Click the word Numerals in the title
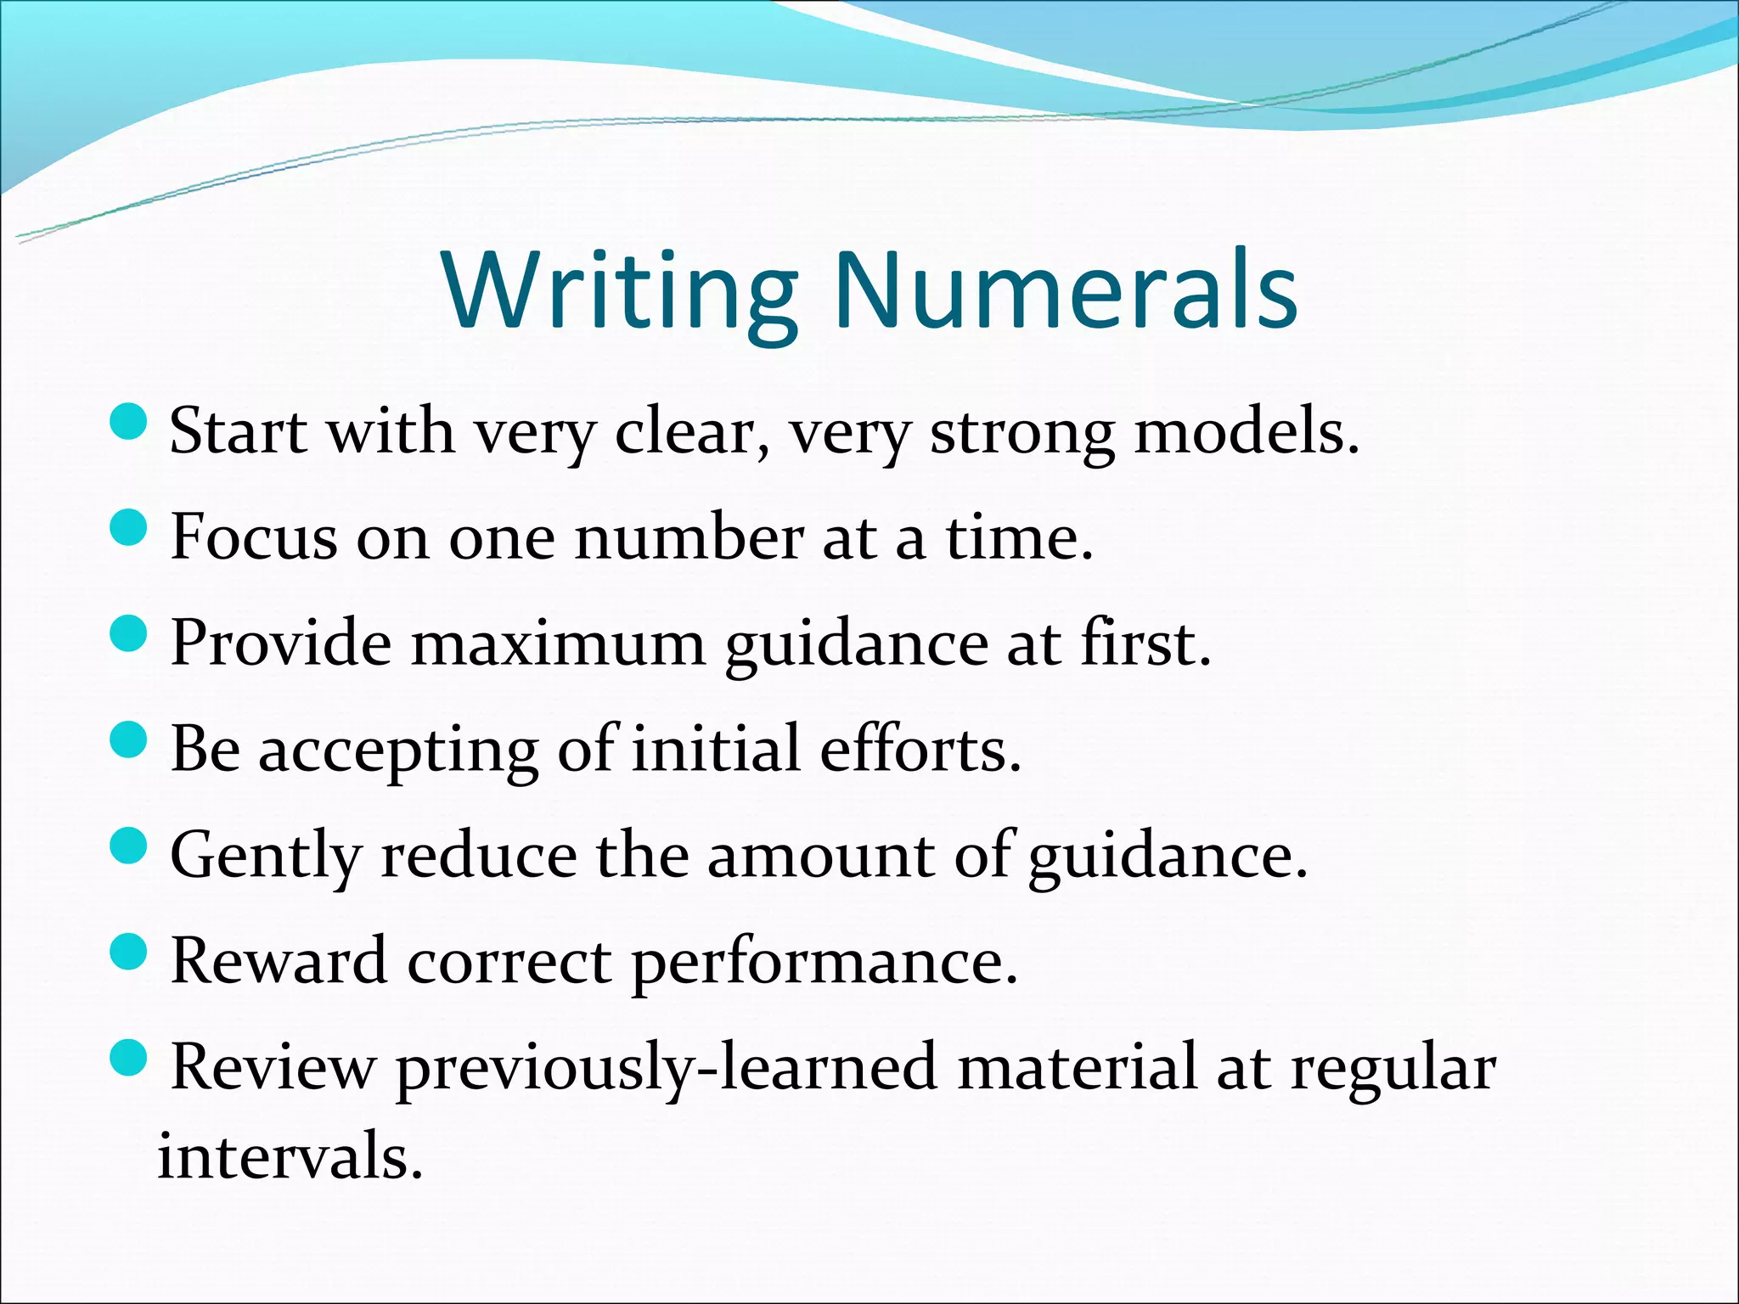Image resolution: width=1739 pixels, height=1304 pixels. click(1066, 291)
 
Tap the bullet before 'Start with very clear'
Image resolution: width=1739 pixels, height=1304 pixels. click(129, 421)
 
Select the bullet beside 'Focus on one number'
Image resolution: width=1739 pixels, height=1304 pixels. click(129, 527)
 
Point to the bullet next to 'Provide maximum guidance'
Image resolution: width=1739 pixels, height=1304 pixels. click(129, 633)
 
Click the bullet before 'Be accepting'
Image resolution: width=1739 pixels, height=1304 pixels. click(129, 739)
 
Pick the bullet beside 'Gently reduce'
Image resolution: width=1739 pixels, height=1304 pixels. click(129, 846)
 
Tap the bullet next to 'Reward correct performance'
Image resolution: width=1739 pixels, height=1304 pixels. click(129, 952)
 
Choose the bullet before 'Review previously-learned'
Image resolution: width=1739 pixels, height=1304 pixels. click(129, 1058)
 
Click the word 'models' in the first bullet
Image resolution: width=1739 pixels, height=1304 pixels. click(1246, 432)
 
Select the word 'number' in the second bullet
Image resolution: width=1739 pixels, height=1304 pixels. click(689, 538)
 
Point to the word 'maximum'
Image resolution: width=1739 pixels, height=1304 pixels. click(558, 644)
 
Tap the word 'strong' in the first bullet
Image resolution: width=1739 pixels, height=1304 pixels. click(1021, 434)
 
